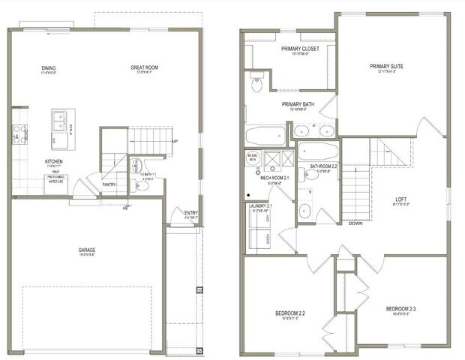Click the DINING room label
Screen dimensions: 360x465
tap(49, 68)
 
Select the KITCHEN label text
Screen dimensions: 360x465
tap(53, 161)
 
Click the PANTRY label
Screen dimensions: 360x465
tap(109, 183)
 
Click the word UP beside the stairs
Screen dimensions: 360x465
tap(175, 141)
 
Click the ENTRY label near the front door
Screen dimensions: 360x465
tap(191, 213)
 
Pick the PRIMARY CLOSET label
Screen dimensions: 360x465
tap(300, 49)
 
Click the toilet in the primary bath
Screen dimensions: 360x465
tap(257, 85)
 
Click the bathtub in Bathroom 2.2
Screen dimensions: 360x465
tap(318, 152)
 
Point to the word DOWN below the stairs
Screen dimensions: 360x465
tap(356, 223)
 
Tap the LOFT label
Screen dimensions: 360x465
tap(401, 199)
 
